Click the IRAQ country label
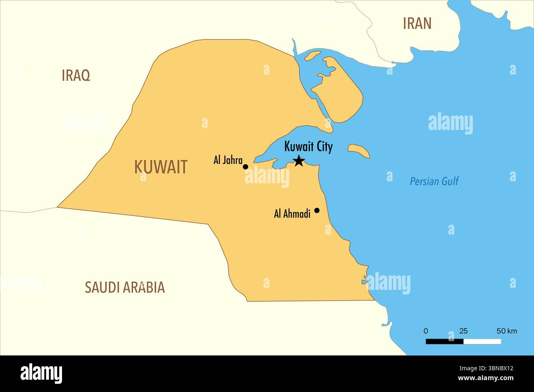76,75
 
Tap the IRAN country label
417,23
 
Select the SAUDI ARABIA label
124,287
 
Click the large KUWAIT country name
161,167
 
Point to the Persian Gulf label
434,181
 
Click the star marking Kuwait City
299,161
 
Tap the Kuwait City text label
308,147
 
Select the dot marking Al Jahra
246,167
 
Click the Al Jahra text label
228,160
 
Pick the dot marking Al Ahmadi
317,210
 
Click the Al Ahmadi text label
292,214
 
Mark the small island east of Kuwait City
359,150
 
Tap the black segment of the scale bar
444,341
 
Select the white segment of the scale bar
482,341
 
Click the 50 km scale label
507,331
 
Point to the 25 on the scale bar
463,331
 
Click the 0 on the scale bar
426,331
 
